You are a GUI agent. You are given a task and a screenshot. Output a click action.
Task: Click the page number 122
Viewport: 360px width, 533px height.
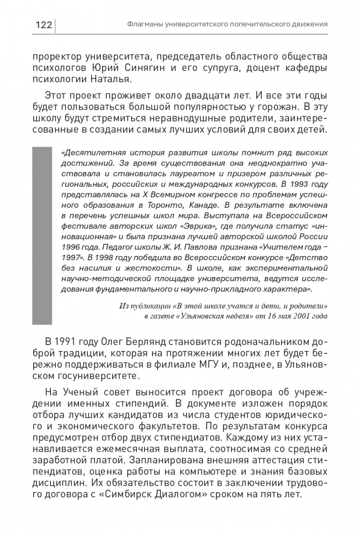[x=43, y=25]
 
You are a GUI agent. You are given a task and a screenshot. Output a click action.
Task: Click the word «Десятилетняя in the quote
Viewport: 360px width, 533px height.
[x=88, y=152]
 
